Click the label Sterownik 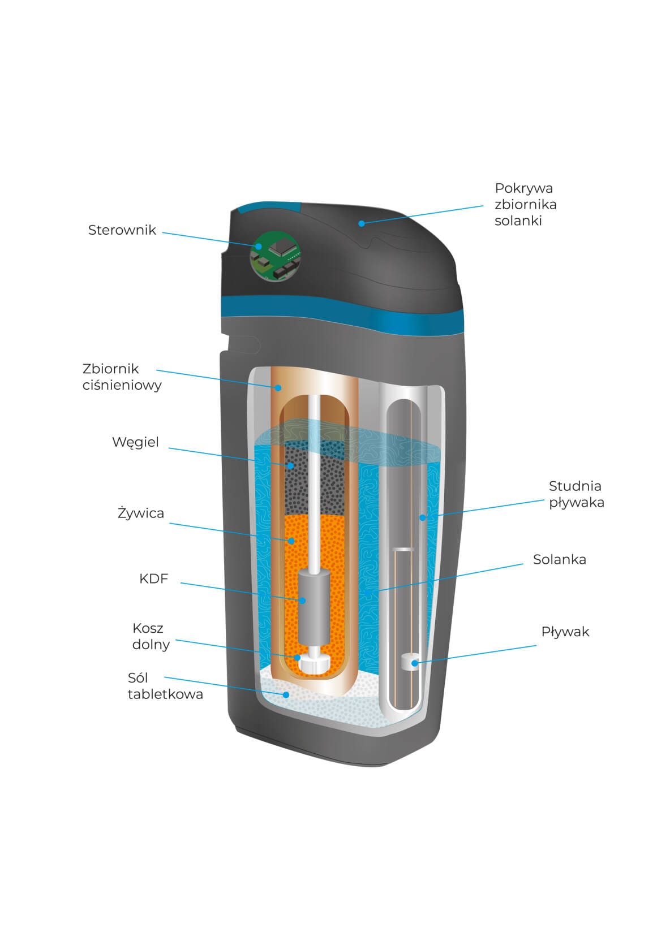tap(122, 230)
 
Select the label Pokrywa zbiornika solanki tap(525, 204)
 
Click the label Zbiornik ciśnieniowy tap(122, 377)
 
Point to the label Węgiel tap(135, 442)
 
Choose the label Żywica tap(141, 513)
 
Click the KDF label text tap(153, 578)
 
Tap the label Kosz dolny tap(151, 636)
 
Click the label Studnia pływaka tap(576, 494)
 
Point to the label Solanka tap(559, 559)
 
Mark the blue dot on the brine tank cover tap(362, 223)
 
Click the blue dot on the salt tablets tap(287, 694)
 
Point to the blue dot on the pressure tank tap(278, 387)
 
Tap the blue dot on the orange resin tap(291, 541)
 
